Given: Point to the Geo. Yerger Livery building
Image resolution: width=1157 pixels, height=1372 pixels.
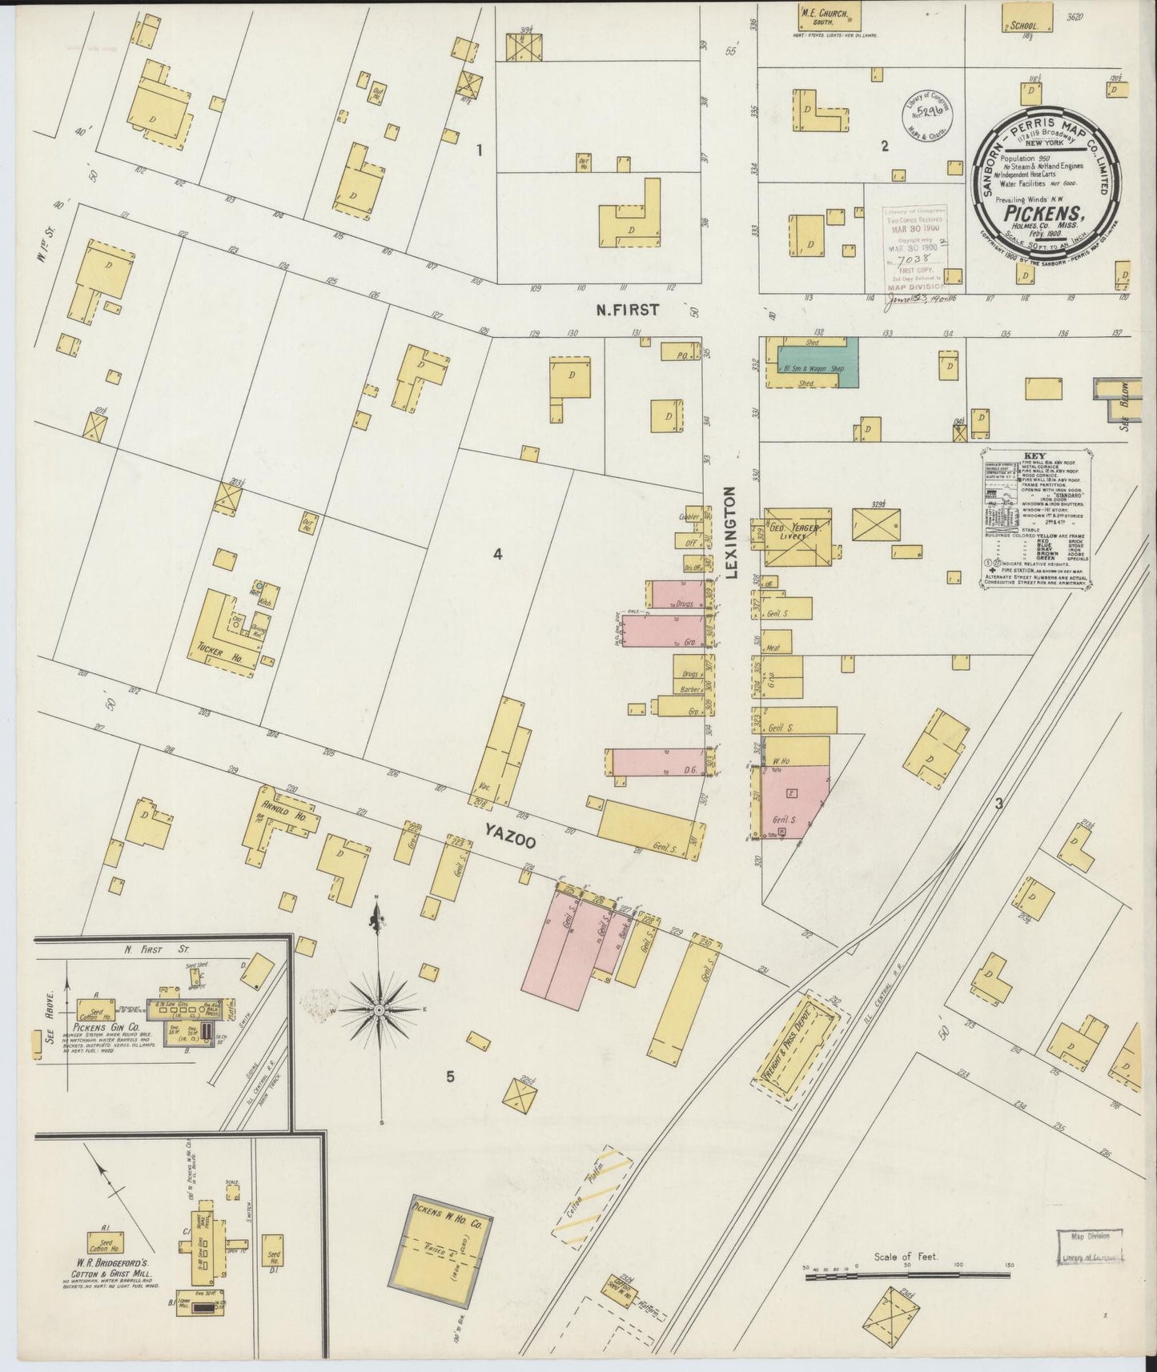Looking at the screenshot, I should [796, 536].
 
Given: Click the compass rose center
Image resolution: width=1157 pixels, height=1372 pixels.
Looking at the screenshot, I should [378, 1010].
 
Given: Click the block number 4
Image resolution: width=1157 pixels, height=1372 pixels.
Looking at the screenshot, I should [497, 554].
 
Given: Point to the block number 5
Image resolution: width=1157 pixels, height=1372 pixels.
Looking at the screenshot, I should [450, 1077].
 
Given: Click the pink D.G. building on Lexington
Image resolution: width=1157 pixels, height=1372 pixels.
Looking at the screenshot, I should [659, 762].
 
